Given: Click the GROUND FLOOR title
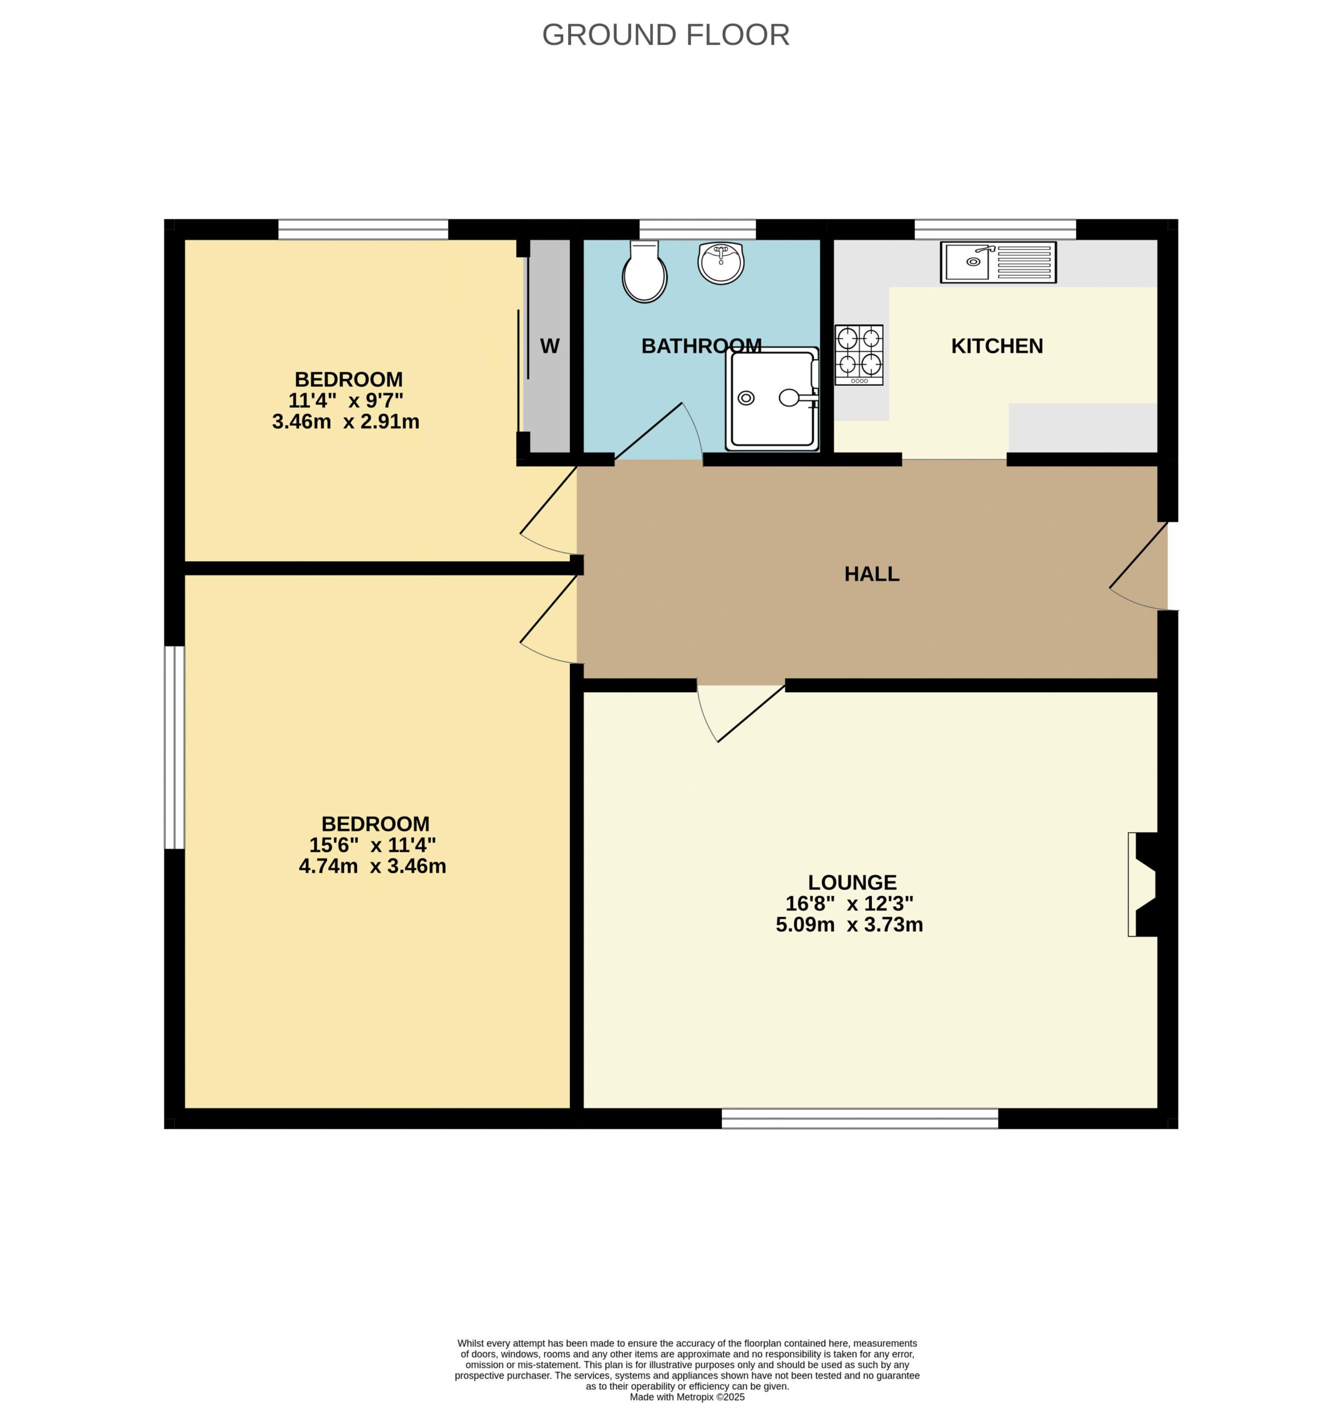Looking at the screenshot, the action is (x=665, y=35).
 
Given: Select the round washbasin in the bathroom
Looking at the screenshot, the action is (x=721, y=263).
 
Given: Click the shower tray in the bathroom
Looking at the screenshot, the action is (x=772, y=399).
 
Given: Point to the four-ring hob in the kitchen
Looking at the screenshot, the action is (x=859, y=356).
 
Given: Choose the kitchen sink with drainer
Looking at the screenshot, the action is (x=998, y=263).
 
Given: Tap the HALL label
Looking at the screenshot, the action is (x=871, y=574).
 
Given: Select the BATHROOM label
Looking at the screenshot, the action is (x=701, y=346).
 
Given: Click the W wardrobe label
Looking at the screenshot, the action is (x=550, y=346).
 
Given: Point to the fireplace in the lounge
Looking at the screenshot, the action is (x=1143, y=885).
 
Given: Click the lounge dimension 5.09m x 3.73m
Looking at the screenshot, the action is (x=849, y=925).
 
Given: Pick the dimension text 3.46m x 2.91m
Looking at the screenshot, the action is (x=346, y=422).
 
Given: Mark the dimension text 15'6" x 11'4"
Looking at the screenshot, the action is (x=372, y=845).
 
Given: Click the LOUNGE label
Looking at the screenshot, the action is (x=852, y=883).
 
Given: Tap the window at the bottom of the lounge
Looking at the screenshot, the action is (x=859, y=1118).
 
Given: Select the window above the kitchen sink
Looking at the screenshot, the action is (x=995, y=229).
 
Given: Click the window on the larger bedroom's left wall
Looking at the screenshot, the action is (x=175, y=748).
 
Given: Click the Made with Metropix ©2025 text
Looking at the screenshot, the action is (x=687, y=1396).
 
